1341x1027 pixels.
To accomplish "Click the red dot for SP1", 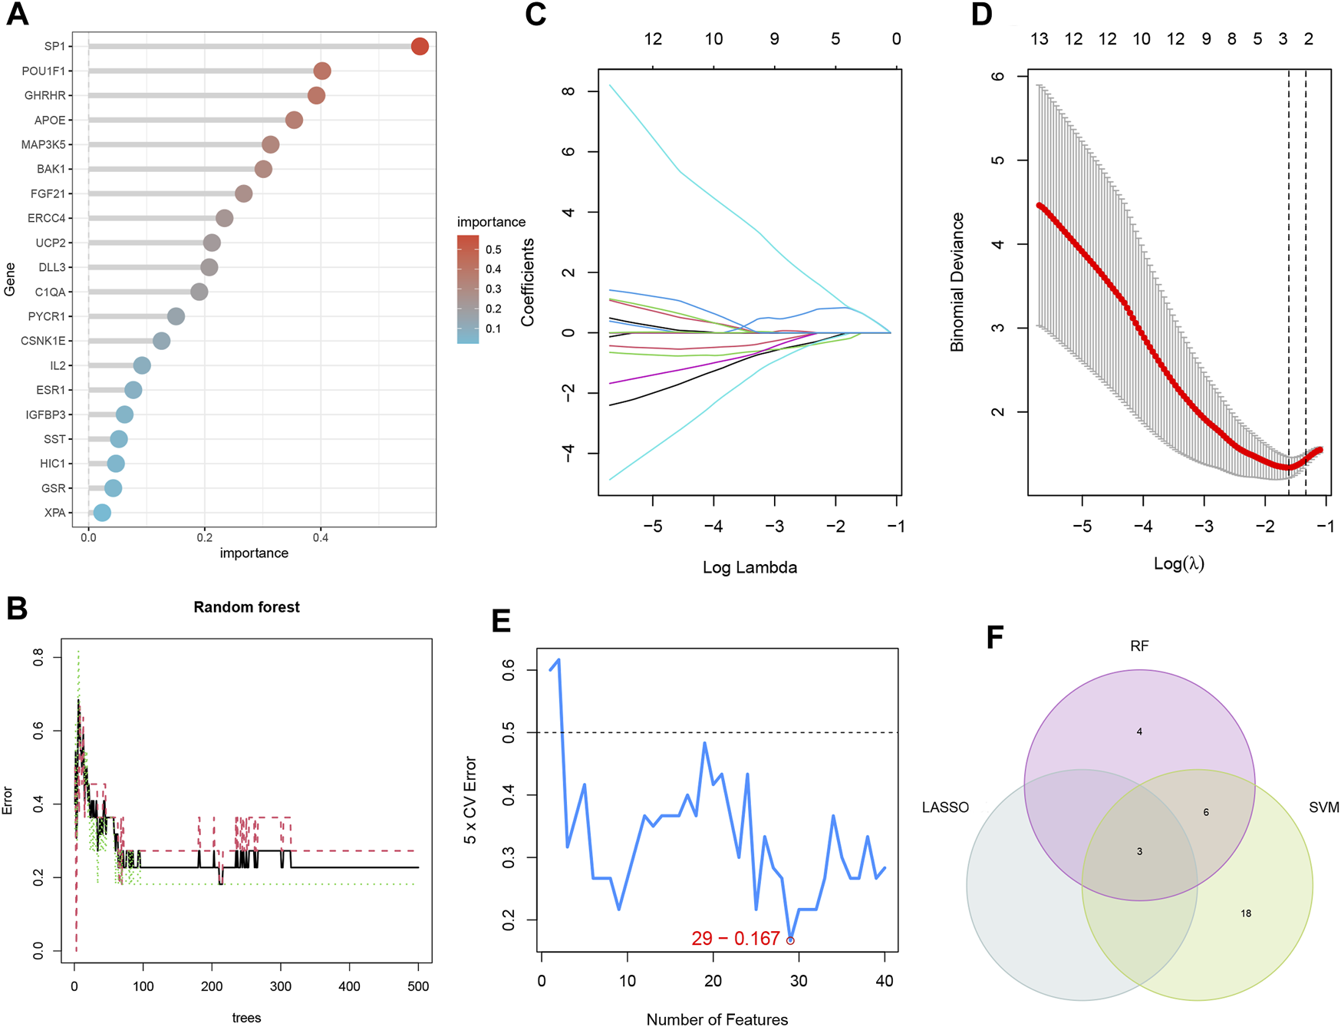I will [x=420, y=47].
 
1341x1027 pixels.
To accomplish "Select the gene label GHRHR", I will [x=44, y=96].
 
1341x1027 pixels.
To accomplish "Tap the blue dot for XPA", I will [x=101, y=513].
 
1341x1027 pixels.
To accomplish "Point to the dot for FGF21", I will [x=243, y=193].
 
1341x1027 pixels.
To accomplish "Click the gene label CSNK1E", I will [x=43, y=341].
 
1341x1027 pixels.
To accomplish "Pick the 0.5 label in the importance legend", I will [x=493, y=249].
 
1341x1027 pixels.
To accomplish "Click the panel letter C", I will [x=535, y=15].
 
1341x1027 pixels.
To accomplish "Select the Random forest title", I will [x=246, y=607].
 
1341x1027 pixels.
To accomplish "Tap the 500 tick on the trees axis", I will [x=418, y=986].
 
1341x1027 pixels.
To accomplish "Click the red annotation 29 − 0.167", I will [x=735, y=939].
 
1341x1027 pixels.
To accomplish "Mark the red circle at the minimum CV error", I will [x=790, y=940].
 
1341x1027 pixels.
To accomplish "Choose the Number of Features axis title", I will [x=717, y=1019].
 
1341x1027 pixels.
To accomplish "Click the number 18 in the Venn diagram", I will [x=1246, y=913].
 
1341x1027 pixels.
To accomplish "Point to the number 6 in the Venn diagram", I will [x=1206, y=812].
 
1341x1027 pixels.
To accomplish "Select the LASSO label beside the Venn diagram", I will [x=945, y=807].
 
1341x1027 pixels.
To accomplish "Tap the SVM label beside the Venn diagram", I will [x=1323, y=807].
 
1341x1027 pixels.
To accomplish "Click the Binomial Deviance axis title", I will [x=957, y=282].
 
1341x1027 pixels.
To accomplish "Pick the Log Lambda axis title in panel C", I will [x=750, y=568].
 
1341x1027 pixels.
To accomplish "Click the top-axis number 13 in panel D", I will [x=1039, y=39].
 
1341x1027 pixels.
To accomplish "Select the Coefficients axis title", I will [x=528, y=282].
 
